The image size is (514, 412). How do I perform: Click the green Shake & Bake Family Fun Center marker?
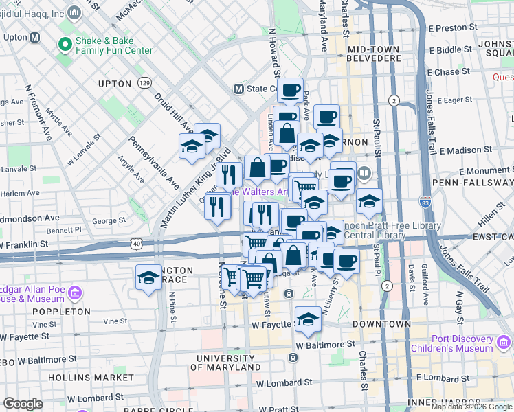click(66, 45)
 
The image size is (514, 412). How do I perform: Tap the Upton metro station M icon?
click(34, 37)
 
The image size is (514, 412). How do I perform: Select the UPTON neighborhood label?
click(115, 84)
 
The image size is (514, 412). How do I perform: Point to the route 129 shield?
click(144, 82)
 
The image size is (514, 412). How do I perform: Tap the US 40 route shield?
click(137, 243)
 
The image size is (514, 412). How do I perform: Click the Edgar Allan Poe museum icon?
click(74, 294)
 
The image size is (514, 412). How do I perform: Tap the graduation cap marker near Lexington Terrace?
click(148, 278)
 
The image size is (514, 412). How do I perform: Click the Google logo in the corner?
click(23, 404)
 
